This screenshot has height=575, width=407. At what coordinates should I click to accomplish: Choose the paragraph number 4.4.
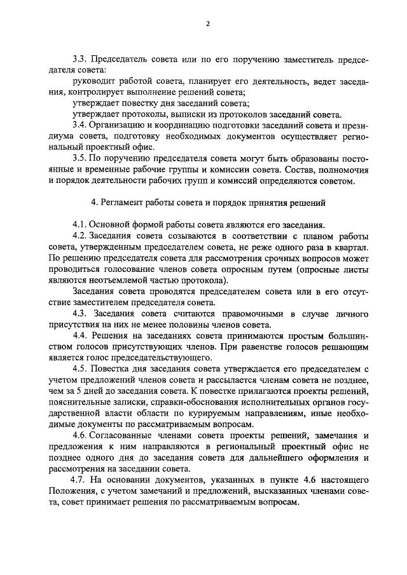(x=80, y=335)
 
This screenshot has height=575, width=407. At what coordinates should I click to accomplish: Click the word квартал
(x=350, y=247)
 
